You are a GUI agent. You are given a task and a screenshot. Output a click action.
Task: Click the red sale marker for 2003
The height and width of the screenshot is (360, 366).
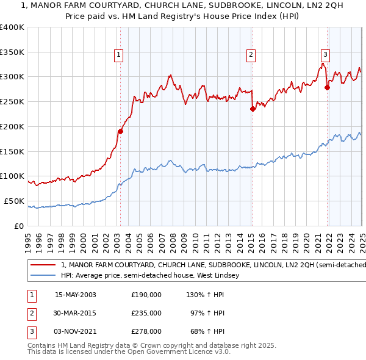121,131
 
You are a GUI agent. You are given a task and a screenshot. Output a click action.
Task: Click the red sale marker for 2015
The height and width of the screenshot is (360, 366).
253,109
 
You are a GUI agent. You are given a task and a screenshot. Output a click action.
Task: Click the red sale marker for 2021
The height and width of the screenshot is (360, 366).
327,87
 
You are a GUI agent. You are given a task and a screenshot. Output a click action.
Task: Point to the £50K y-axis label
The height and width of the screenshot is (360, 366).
15,201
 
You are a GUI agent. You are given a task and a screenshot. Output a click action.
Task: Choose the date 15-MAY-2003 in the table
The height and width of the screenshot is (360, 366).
76,295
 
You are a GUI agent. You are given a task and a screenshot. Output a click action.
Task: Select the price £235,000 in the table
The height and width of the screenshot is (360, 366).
146,313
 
